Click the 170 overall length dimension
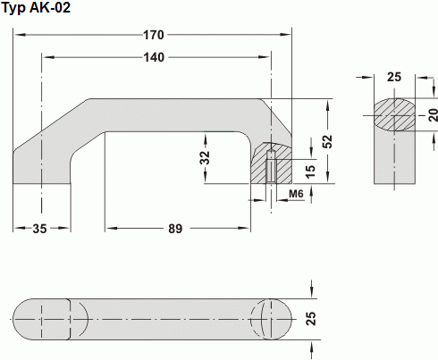click(153, 35)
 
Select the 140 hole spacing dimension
click(153, 57)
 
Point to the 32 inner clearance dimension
click(204, 158)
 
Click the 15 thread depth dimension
click(309, 170)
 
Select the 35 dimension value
click(39, 229)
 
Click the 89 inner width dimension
click(175, 229)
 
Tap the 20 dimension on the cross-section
click(433, 114)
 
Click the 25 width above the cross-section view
click(394, 78)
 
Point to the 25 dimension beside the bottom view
click(311, 318)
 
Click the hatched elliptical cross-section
click(394, 114)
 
